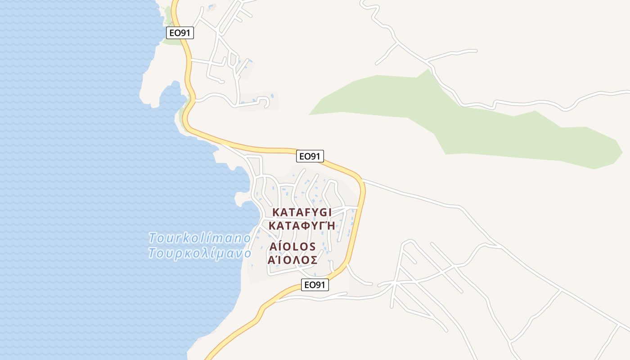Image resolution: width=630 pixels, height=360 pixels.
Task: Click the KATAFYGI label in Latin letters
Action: click(302, 212)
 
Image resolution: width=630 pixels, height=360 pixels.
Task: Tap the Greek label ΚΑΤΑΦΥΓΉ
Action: click(302, 225)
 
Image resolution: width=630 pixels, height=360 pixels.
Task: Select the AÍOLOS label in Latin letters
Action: click(293, 247)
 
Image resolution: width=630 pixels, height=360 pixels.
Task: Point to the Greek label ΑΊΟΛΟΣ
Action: click(293, 260)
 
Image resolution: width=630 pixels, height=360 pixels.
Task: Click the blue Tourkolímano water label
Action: click(200, 238)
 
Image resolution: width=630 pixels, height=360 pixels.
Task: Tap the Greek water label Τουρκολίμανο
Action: click(200, 253)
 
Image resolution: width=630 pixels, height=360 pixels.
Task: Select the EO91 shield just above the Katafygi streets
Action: click(310, 156)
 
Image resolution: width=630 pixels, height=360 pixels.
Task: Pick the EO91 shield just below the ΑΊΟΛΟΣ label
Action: click(315, 285)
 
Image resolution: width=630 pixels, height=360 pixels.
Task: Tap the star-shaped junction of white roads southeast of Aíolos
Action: click(395, 284)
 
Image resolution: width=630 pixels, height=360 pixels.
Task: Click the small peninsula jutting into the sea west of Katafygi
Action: click(241, 197)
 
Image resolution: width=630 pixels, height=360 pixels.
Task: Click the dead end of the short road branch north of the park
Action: click(476, 50)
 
